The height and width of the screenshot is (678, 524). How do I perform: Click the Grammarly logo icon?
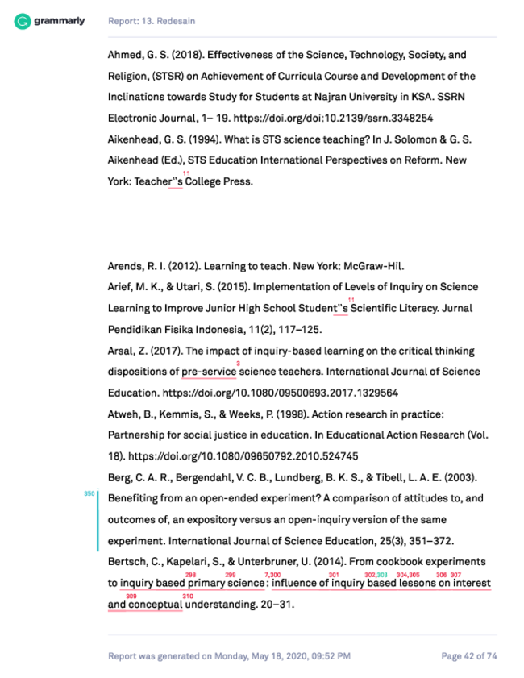[23, 20]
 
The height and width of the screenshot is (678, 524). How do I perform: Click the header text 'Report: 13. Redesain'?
[152, 20]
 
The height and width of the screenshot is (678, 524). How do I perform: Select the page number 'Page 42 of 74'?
[468, 655]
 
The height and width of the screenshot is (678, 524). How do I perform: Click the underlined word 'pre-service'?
[209, 372]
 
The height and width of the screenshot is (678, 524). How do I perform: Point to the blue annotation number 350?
[89, 493]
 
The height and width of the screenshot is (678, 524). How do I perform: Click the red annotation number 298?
[191, 574]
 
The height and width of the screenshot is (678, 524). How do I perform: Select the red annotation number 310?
[188, 596]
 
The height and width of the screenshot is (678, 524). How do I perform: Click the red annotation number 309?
[131, 596]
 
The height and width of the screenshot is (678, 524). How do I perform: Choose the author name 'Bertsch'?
[126, 561]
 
